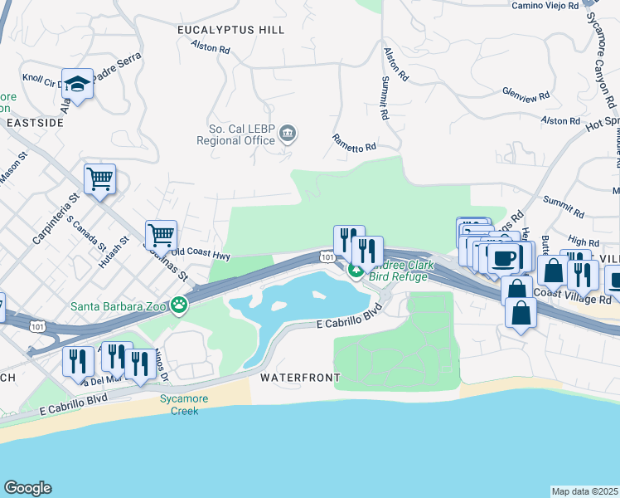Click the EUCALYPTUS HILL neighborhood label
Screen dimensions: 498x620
231,30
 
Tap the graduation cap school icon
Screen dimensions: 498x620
77,85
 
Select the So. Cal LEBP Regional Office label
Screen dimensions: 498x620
235,134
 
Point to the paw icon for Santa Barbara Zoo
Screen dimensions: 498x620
179,305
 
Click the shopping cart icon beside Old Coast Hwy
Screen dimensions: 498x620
161,234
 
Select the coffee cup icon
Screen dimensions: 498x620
503,257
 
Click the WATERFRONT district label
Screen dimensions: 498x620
300,378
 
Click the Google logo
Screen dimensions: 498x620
27,488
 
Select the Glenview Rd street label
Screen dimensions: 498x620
526,96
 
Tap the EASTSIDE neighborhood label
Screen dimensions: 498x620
33,122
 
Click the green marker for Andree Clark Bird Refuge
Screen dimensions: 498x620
356,270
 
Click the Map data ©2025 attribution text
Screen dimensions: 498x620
585,491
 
